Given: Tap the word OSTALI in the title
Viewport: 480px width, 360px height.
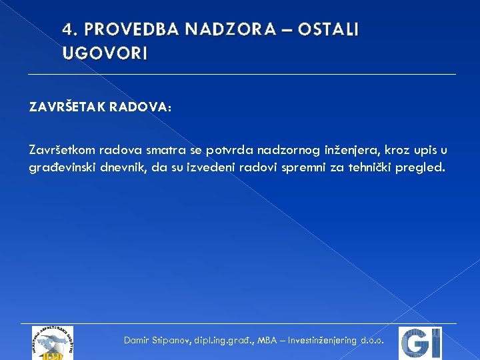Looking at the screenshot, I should coord(328,30).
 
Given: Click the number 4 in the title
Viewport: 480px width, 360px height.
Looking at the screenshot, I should coord(67,30).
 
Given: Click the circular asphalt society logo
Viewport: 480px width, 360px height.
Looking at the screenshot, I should coord(52,342).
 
